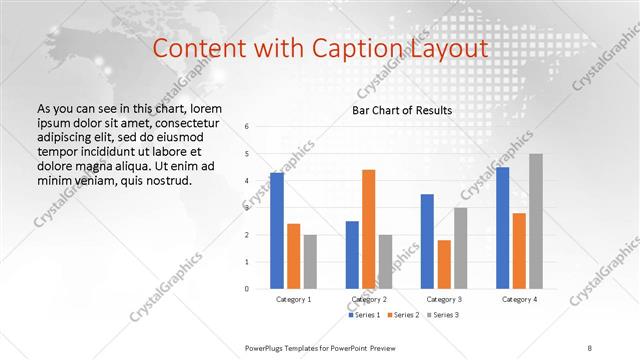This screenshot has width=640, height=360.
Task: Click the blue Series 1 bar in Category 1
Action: [x=277, y=231]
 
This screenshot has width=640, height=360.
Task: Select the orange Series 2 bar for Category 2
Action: [x=368, y=229]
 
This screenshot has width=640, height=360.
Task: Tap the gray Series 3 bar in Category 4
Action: [x=535, y=221]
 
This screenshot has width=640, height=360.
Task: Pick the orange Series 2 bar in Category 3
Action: [x=443, y=264]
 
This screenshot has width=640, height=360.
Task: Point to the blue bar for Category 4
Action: [x=502, y=228]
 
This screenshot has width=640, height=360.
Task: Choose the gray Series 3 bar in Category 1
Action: [x=310, y=261]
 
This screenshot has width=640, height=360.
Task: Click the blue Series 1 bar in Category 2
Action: [x=352, y=255]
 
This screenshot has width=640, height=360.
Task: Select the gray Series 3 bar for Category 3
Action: [x=460, y=248]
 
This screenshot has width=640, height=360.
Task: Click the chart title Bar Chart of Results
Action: [x=403, y=110]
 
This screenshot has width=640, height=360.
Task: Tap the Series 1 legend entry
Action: [x=365, y=315]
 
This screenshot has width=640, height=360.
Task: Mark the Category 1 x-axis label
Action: [x=294, y=299]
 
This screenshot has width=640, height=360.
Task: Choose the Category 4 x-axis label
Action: [x=519, y=299]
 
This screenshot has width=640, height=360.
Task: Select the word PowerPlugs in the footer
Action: [x=269, y=346]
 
